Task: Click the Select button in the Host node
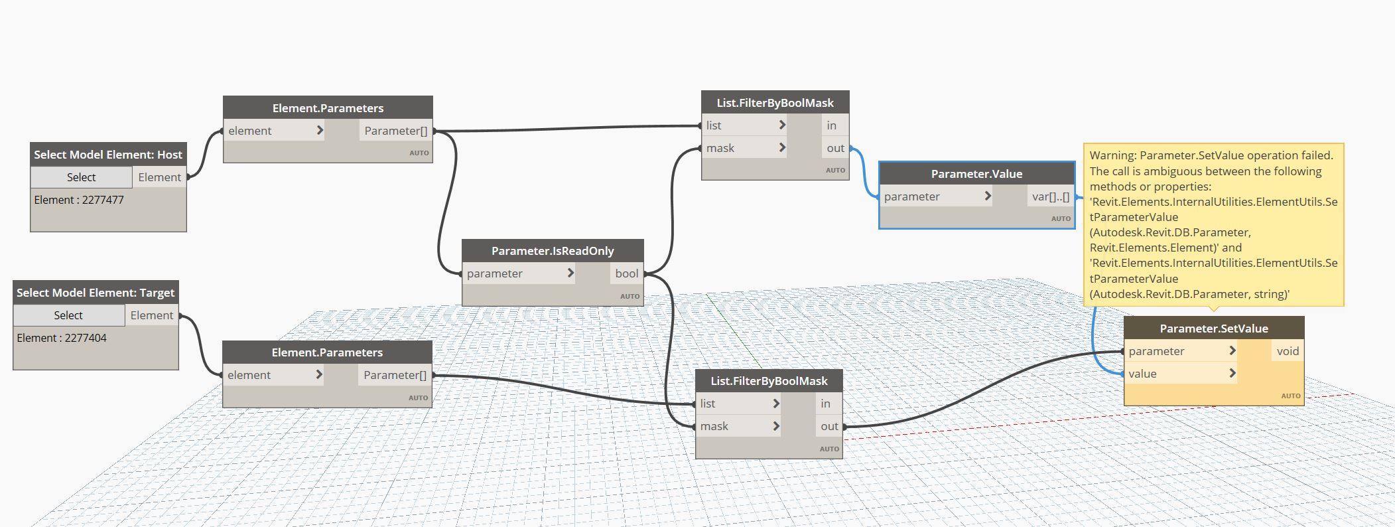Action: [81, 177]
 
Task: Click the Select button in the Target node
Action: [68, 315]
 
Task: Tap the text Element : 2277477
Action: [79, 200]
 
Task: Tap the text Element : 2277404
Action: [62, 338]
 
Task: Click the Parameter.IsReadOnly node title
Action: [553, 251]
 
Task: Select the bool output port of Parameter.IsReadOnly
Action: [626, 273]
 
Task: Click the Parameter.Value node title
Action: [976, 174]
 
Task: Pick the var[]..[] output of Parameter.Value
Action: [1050, 196]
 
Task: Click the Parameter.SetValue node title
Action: [1213, 329]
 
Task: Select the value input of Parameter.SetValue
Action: [1143, 374]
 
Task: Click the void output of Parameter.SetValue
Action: [1288, 351]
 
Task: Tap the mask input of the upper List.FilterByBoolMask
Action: [720, 148]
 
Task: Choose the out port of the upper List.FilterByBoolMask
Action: [835, 148]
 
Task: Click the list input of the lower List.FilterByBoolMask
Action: [708, 404]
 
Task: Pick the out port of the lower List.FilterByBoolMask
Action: [829, 426]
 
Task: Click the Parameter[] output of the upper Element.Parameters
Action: [395, 131]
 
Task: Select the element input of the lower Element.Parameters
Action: [249, 375]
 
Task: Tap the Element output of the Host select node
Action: [159, 177]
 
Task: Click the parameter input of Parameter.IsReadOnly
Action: [495, 273]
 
